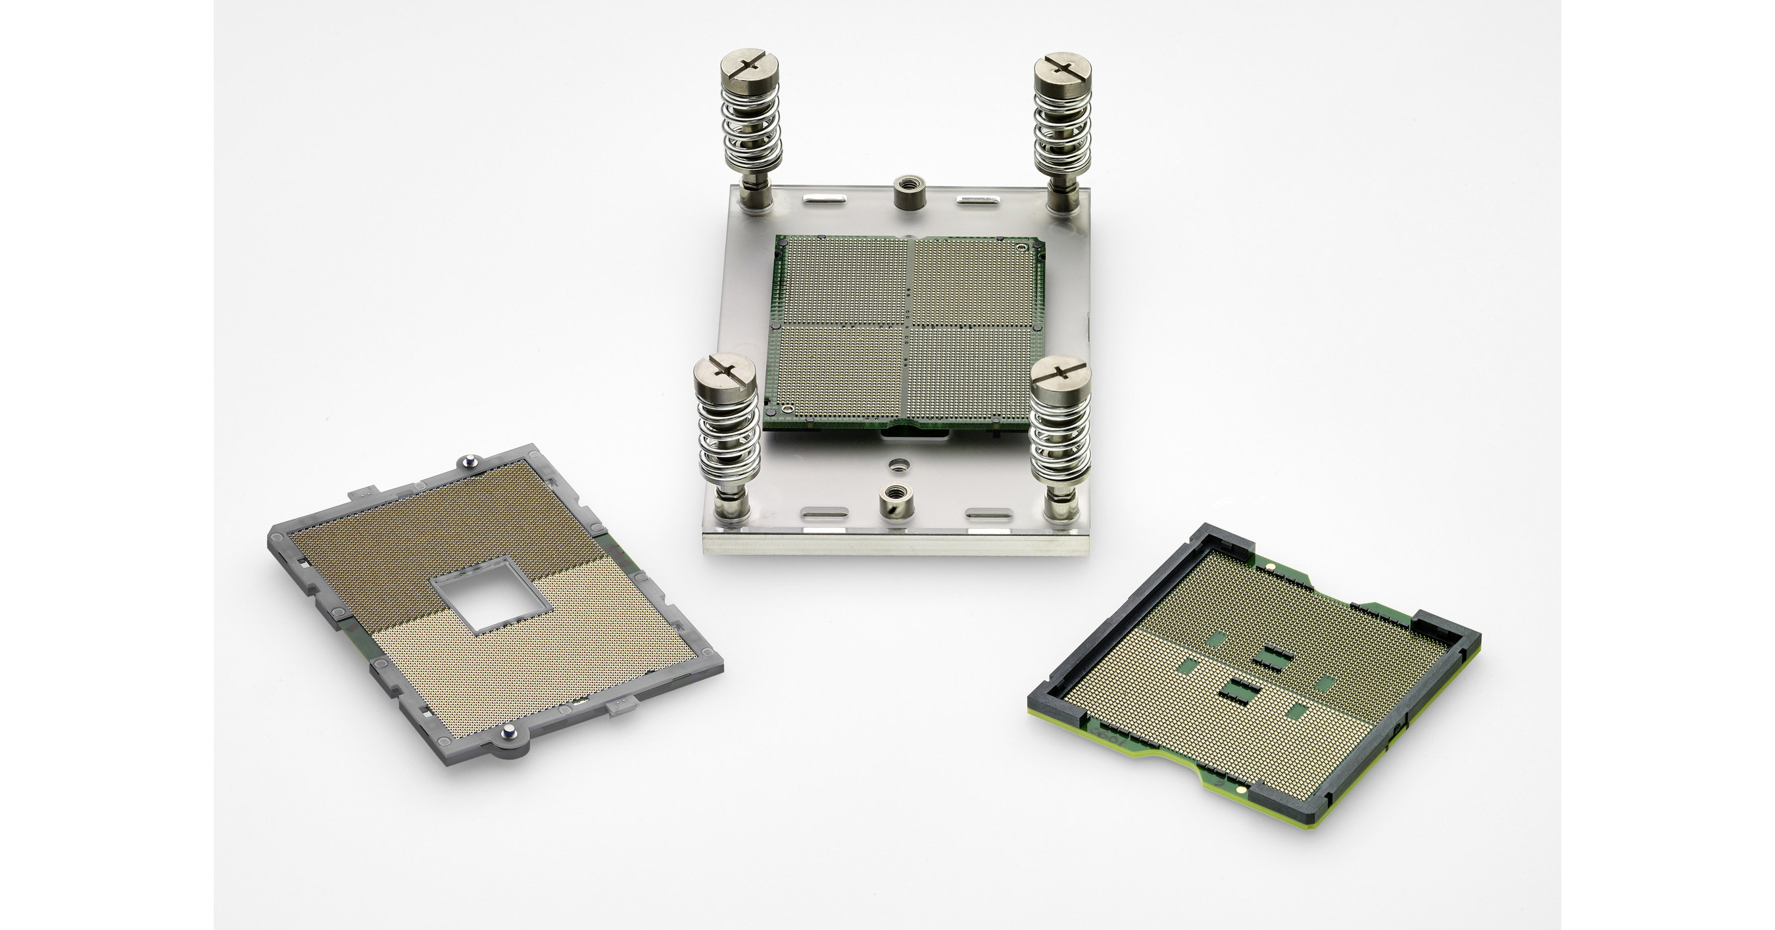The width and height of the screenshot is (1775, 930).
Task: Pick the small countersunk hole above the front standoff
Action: tap(896, 465)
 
